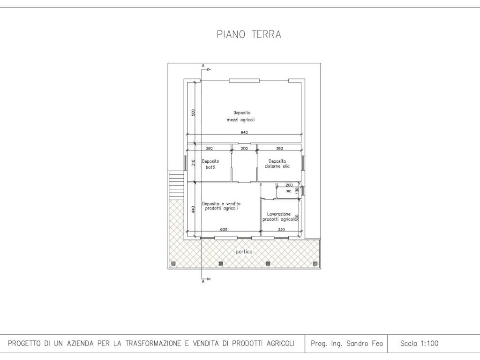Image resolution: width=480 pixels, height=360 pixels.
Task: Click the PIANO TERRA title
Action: click(x=249, y=34)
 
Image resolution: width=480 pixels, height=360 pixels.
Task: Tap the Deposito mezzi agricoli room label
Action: click(x=241, y=116)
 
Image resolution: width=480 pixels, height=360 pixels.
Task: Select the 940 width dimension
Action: click(x=244, y=133)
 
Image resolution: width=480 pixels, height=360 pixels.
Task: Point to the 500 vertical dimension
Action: click(x=193, y=112)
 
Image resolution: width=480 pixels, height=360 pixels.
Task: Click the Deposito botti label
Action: click(x=210, y=164)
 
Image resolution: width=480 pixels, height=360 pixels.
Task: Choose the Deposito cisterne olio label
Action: click(x=277, y=164)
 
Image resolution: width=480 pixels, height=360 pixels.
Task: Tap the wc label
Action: click(x=289, y=191)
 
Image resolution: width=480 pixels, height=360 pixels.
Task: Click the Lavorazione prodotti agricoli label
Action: click(x=278, y=217)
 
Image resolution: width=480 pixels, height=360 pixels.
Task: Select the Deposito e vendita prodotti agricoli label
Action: click(x=221, y=206)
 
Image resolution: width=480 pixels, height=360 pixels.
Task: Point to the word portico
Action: click(x=244, y=252)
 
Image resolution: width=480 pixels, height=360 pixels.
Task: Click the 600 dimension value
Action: click(x=224, y=230)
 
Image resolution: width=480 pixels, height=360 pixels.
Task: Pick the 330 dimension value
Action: click(x=281, y=230)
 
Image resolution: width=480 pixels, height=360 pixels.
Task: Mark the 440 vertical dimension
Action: click(x=193, y=210)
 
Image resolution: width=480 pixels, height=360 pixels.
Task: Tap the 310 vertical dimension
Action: click(x=193, y=163)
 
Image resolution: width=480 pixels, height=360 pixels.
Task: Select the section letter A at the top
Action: click(x=203, y=66)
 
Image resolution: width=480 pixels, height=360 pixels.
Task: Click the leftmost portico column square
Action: click(x=173, y=263)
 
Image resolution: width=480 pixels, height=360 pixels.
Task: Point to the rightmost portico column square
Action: click(x=315, y=263)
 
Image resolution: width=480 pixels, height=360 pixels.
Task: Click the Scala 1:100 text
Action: click(x=419, y=344)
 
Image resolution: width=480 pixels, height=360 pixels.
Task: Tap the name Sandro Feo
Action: click(x=364, y=344)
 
